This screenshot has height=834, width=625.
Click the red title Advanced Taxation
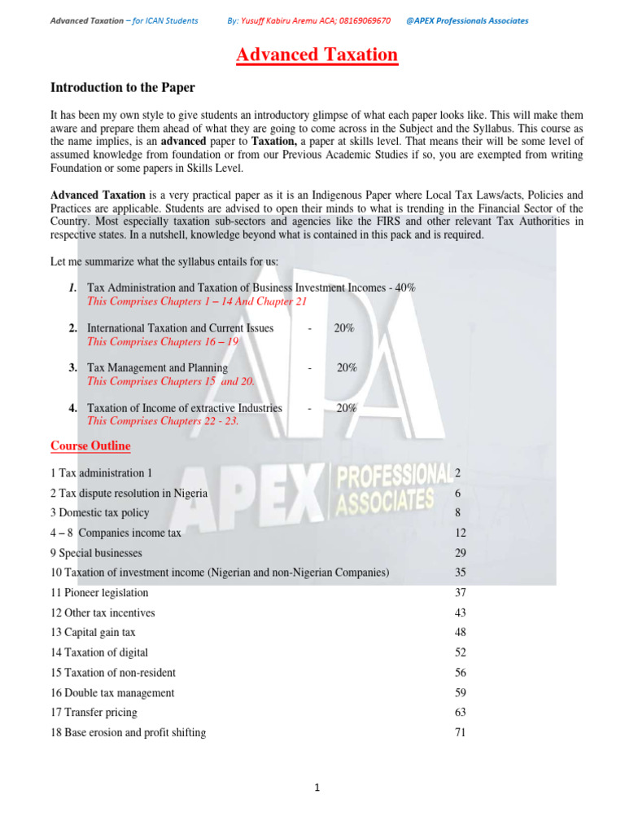(x=317, y=55)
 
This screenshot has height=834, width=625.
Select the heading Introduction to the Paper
(x=123, y=87)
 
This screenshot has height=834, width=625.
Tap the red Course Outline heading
(x=90, y=446)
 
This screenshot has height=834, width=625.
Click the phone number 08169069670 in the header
(x=356, y=20)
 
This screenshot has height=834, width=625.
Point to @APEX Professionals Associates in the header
(x=466, y=20)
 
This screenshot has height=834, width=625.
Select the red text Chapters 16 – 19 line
(x=163, y=341)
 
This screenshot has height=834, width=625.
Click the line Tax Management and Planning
(x=157, y=368)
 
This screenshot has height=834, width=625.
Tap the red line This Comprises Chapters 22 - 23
(x=163, y=421)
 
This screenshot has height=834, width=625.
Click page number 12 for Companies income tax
(x=460, y=533)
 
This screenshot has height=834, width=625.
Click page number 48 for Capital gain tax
(x=460, y=633)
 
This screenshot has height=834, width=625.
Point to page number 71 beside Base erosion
(x=460, y=732)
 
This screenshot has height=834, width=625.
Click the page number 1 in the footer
(x=318, y=788)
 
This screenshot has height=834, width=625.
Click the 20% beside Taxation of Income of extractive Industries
(x=347, y=408)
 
